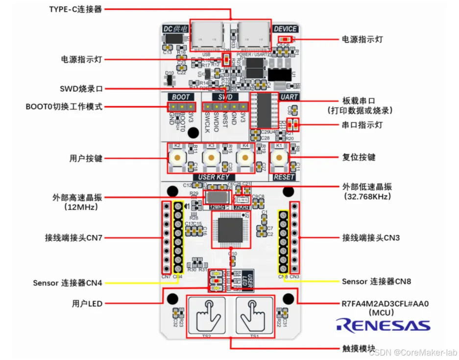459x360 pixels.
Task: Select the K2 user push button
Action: tap(176, 157)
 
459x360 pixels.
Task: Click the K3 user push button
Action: tap(211, 157)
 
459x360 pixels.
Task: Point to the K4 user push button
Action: tap(245, 157)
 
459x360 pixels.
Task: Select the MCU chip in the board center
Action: tap(231, 230)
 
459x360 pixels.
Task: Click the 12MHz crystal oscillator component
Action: tap(217, 197)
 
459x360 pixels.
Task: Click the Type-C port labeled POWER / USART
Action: tap(253, 35)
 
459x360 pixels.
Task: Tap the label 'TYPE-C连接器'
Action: tap(76, 9)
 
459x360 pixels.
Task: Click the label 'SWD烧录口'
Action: tap(81, 89)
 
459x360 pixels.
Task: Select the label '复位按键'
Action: tap(359, 157)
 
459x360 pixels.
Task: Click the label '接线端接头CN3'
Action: tap(371, 238)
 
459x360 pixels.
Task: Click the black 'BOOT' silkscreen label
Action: tap(180, 97)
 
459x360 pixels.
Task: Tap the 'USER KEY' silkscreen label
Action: tap(214, 177)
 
